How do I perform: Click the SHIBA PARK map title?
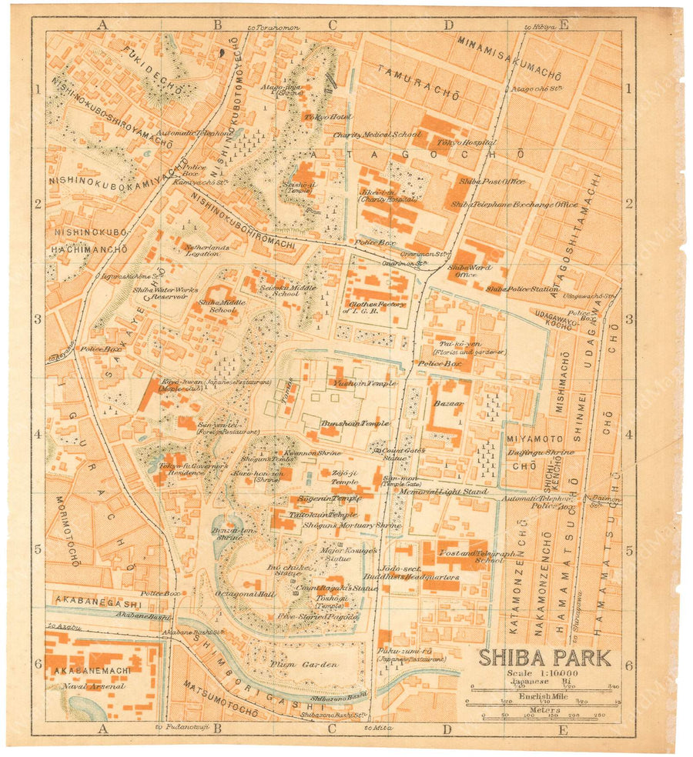click(545, 659)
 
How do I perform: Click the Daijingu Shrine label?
click(541, 452)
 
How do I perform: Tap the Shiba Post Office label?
click(492, 182)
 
